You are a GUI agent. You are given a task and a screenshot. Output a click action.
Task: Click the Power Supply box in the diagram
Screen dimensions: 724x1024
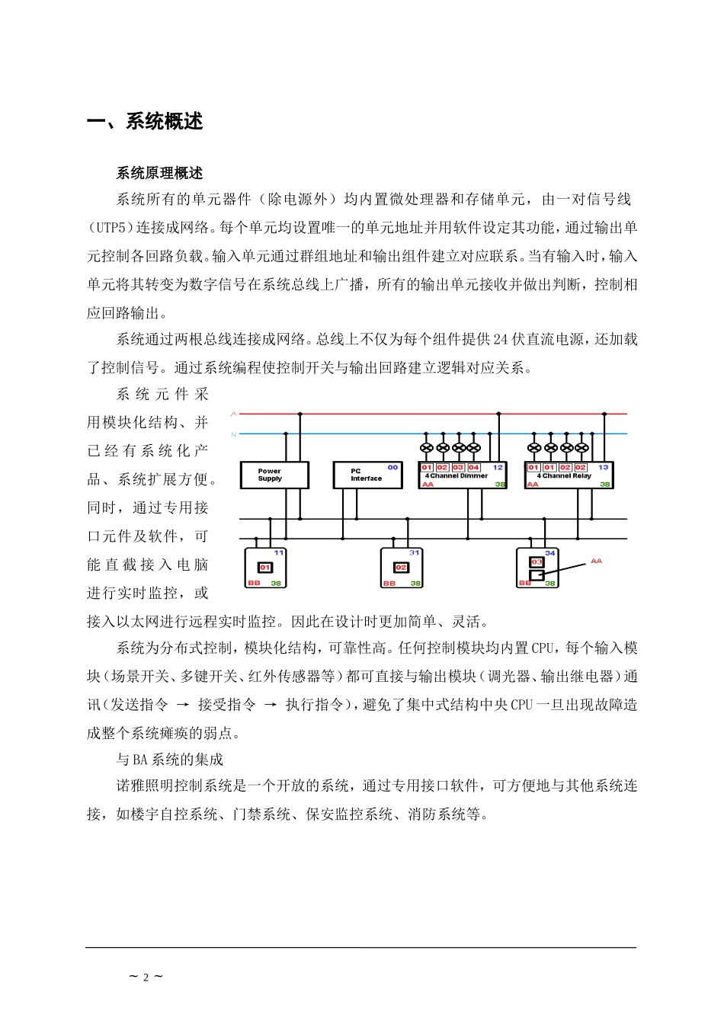tap(274, 475)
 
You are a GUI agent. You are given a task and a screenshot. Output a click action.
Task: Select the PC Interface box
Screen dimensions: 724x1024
tap(367, 475)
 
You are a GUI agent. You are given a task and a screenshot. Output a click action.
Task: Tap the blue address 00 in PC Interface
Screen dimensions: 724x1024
tap(392, 466)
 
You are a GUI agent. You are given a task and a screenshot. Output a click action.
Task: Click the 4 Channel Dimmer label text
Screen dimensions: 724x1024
tap(457, 475)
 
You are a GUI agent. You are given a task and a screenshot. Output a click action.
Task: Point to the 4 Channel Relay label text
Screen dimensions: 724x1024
tap(564, 475)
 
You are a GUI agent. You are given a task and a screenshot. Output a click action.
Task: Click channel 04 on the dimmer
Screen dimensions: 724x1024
tap(474, 467)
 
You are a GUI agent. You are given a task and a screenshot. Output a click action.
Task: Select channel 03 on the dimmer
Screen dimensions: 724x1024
tap(458, 467)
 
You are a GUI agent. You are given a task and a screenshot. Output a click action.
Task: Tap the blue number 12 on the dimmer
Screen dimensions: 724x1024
tap(498, 466)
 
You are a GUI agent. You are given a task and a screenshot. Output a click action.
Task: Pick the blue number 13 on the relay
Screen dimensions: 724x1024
tap(604, 466)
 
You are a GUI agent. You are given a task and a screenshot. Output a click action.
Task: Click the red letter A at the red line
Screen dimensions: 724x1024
tap(234, 414)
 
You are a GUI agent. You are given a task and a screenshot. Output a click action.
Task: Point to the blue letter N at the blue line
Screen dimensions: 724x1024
tap(234, 434)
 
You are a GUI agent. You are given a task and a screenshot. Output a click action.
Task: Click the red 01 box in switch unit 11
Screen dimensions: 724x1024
tap(264, 568)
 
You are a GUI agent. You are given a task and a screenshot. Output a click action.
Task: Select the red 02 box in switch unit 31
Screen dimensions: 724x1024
tap(401, 568)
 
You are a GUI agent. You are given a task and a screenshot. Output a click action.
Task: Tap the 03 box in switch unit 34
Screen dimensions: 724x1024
tap(537, 562)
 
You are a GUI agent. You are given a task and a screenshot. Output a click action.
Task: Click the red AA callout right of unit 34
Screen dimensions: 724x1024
tap(596, 561)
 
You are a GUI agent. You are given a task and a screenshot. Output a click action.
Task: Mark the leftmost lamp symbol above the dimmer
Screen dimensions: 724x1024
tap(427, 448)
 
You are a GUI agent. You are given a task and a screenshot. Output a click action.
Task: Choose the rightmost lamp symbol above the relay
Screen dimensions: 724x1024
tap(582, 448)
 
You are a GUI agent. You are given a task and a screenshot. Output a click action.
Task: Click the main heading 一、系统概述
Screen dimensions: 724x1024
tap(146, 121)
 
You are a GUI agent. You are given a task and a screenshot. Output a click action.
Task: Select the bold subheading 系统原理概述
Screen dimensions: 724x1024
tap(159, 174)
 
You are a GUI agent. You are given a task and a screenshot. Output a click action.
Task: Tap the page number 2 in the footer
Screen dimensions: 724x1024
tap(145, 978)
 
